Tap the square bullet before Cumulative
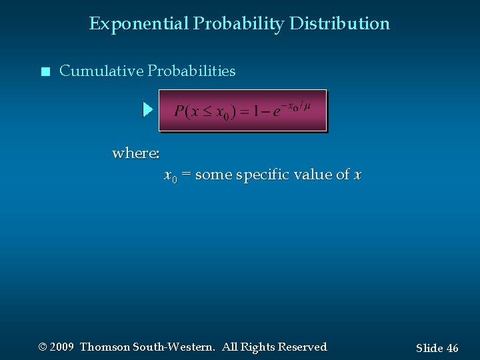pyautogui.click(x=45, y=72)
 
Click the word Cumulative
pyautogui.click(x=101, y=71)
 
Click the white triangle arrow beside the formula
pyautogui.click(x=148, y=110)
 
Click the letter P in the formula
pyautogui.click(x=179, y=111)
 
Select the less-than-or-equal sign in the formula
pyautogui.click(x=207, y=112)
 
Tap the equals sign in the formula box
pyautogui.click(x=244, y=112)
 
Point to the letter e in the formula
pyautogui.click(x=276, y=112)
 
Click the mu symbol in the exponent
pyautogui.click(x=306, y=105)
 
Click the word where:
pyautogui.click(x=136, y=153)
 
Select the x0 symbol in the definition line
pyautogui.click(x=170, y=176)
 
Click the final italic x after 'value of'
pyautogui.click(x=358, y=175)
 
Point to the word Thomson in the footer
pyautogui.click(x=105, y=347)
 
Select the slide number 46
pyautogui.click(x=452, y=348)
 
